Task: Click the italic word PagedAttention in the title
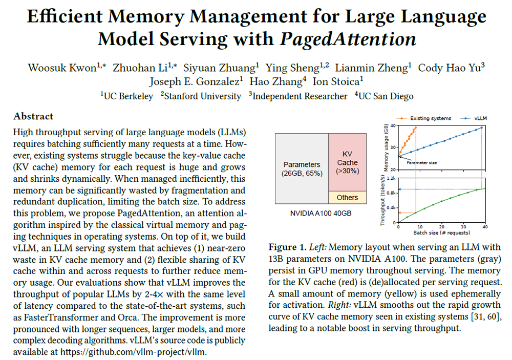coord(348,39)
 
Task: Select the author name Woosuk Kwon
coord(62,68)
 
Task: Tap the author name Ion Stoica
coord(336,81)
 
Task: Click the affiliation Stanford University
coord(202,96)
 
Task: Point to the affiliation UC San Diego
coord(386,96)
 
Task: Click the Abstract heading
coord(33,116)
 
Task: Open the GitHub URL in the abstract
coord(133,352)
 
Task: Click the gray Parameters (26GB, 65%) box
coord(302,168)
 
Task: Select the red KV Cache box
coord(348,162)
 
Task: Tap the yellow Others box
coord(348,198)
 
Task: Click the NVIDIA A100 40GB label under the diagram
coord(321,214)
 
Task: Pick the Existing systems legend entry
coord(424,118)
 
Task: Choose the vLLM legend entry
coord(474,118)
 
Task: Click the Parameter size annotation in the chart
coord(421,162)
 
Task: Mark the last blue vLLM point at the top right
coord(482,128)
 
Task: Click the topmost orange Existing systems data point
coord(416,128)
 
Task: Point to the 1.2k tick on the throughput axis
coord(391,178)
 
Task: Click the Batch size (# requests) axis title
coord(442,233)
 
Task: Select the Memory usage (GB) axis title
coord(386,147)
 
